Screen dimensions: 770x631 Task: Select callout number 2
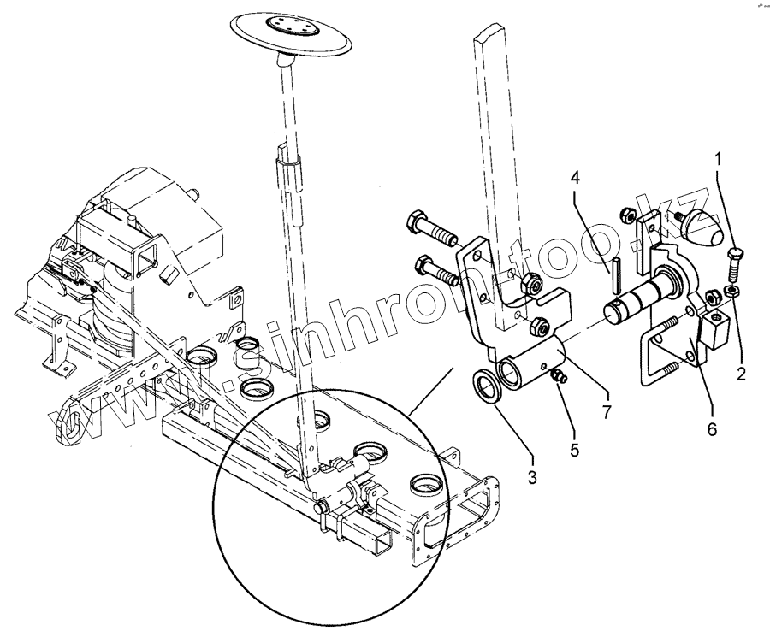point(742,372)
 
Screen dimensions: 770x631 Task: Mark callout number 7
point(605,411)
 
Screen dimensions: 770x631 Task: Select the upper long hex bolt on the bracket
point(436,228)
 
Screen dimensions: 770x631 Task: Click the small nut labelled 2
point(731,292)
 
